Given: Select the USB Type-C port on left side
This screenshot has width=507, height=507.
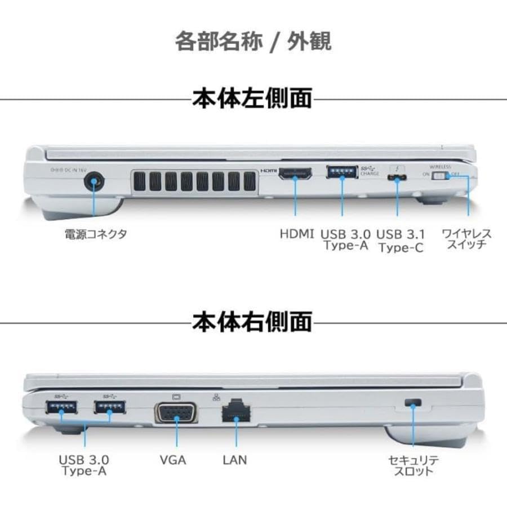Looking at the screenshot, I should pyautogui.click(x=397, y=179).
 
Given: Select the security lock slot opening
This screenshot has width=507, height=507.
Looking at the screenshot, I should pyautogui.click(x=413, y=403).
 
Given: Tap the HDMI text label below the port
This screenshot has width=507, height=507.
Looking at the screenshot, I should pyautogui.click(x=296, y=234).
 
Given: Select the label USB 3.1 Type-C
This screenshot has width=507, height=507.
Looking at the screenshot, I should pyautogui.click(x=401, y=241).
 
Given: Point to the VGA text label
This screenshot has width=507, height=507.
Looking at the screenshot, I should pyautogui.click(x=173, y=460).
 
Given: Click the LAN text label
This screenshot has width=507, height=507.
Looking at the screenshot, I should pyautogui.click(x=234, y=460).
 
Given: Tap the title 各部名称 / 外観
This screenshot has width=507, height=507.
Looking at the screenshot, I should pyautogui.click(x=252, y=42).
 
